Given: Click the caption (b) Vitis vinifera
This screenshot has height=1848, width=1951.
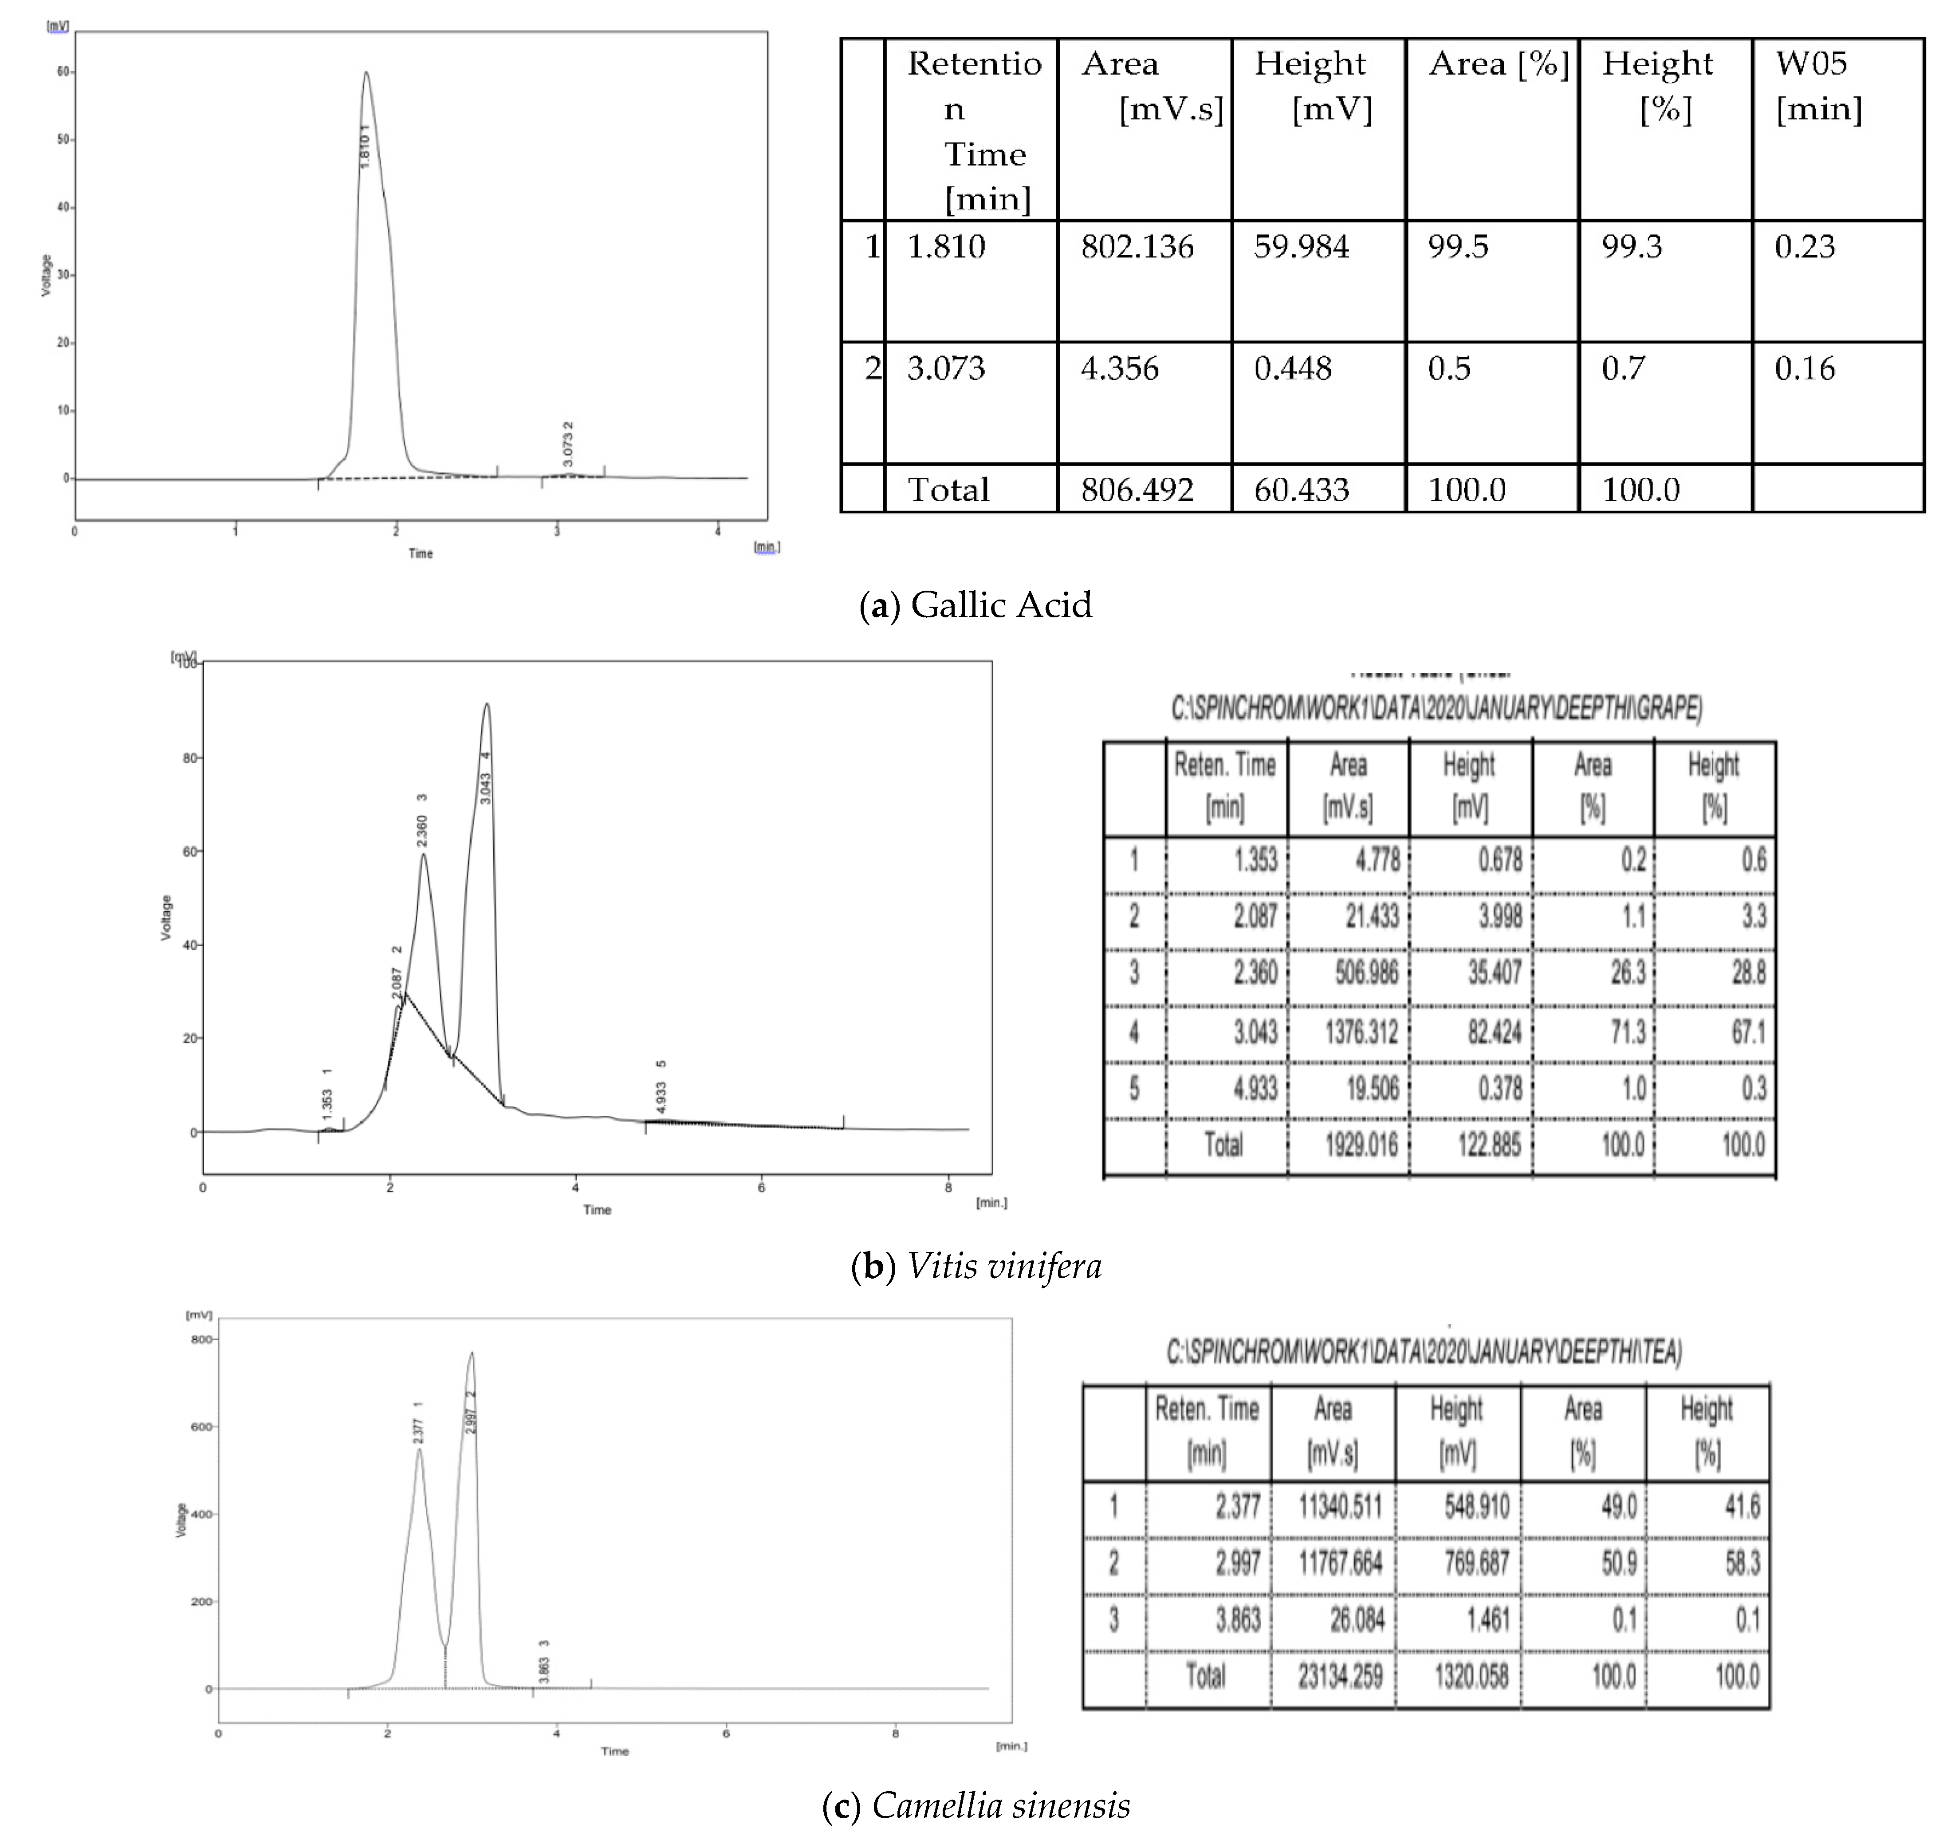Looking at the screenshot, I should [975, 1266].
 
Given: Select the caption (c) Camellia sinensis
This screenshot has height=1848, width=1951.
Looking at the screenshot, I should [975, 1806].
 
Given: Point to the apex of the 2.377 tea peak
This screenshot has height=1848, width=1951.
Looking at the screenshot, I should [420, 1449].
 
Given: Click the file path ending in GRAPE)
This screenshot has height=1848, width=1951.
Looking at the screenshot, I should [1436, 708].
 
